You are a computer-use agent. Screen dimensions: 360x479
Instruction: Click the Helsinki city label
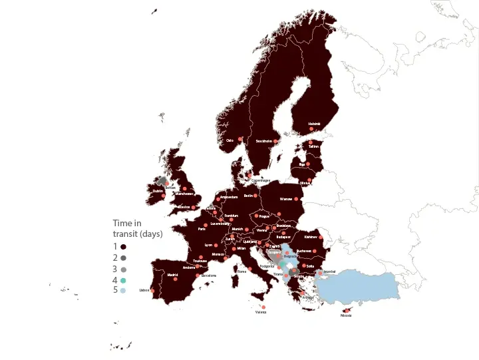pos(314,124)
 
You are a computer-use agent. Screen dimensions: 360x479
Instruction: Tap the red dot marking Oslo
pos(240,139)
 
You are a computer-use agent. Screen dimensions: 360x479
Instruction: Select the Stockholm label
pos(264,141)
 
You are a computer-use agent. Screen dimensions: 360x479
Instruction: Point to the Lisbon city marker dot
pos(152,290)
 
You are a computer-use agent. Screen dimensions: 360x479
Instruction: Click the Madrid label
pos(172,275)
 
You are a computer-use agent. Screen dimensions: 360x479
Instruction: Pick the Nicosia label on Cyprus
pos(346,315)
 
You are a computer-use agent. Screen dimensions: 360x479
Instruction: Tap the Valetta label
pos(261,311)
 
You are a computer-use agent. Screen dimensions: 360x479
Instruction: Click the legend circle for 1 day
pos(124,246)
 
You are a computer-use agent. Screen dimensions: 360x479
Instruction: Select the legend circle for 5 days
pos(124,291)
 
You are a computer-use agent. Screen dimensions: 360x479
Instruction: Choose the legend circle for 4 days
pos(124,280)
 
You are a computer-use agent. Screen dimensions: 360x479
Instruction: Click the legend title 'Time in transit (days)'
pos(137,228)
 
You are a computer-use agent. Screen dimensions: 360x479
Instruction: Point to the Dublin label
pos(158,191)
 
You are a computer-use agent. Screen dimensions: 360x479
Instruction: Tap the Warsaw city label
pos(286,198)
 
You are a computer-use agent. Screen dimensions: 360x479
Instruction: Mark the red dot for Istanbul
pos(320,272)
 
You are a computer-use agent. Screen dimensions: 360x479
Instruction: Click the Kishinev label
pos(310,237)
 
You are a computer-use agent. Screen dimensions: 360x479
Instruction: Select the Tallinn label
pos(314,146)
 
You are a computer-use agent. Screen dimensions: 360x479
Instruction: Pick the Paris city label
pos(202,229)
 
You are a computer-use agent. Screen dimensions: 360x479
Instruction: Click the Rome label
pos(241,271)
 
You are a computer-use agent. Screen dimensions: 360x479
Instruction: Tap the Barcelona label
pos(209,275)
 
